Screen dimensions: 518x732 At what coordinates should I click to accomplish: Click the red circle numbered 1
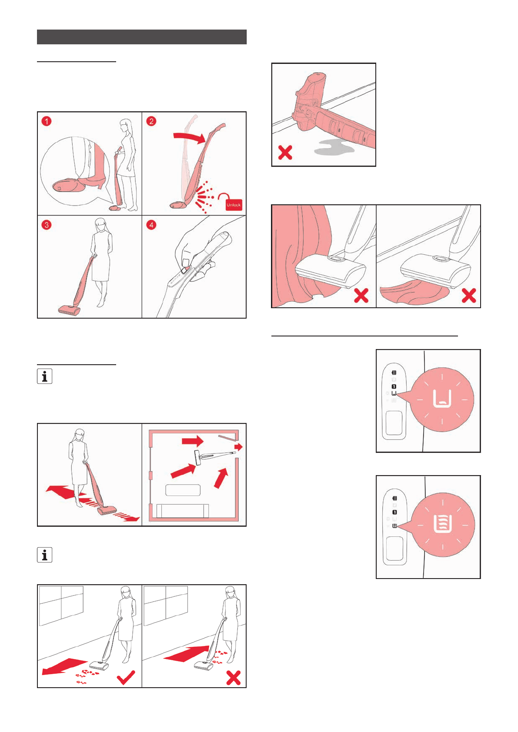coord(47,121)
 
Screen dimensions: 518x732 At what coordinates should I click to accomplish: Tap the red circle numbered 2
coord(151,121)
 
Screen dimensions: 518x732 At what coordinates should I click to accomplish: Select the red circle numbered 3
coord(47,225)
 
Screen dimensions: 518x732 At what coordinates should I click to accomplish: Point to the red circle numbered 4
coord(151,225)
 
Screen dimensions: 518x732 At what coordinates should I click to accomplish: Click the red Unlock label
coord(234,204)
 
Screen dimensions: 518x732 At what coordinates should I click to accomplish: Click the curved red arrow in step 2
coord(189,137)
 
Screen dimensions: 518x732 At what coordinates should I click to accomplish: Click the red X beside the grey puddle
coord(285,153)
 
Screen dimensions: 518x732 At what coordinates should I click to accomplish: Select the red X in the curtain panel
coord(361,296)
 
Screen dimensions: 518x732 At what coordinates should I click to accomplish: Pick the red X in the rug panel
coord(468,296)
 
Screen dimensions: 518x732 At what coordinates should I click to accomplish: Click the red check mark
coord(126,677)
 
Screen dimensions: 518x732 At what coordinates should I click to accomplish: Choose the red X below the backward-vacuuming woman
coord(234,678)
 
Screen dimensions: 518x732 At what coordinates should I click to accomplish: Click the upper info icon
coord(44,376)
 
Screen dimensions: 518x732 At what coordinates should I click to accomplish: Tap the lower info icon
coord(44,555)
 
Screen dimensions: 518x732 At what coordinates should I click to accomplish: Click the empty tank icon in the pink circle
coord(442,399)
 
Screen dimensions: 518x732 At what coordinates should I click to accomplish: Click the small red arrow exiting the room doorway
coord(238,447)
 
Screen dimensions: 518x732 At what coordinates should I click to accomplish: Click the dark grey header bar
coord(141,37)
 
